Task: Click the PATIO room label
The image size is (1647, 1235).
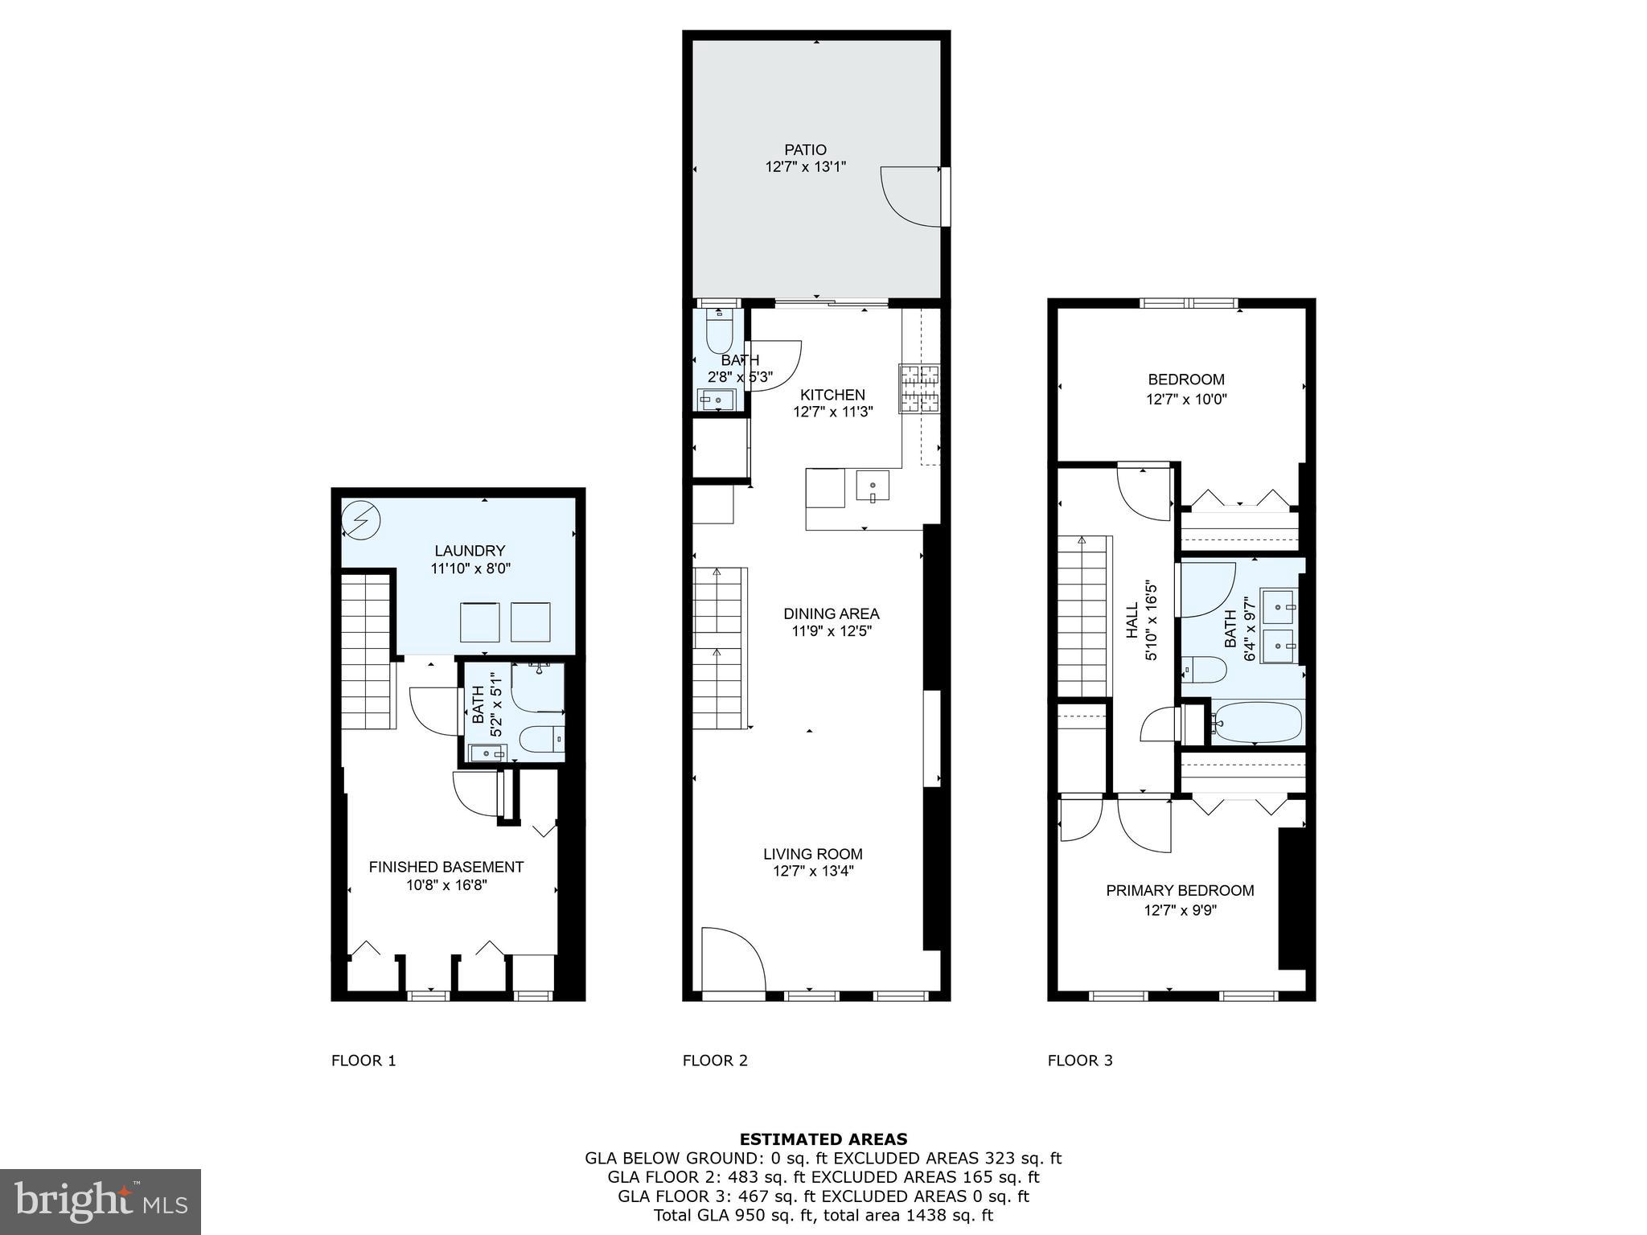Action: (x=805, y=150)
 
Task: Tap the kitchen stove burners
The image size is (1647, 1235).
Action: (x=919, y=389)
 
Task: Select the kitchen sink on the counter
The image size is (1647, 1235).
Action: (x=873, y=486)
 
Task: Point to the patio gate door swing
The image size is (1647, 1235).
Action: (x=911, y=197)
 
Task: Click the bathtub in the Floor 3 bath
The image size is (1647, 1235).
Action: (x=1256, y=722)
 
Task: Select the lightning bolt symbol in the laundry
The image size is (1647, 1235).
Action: (x=361, y=520)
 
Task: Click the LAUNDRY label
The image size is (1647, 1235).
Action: (x=470, y=551)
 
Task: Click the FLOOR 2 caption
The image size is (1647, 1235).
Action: (x=715, y=1061)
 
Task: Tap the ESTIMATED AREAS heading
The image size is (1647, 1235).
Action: (x=823, y=1139)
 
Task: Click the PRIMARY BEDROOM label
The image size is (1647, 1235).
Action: (x=1180, y=890)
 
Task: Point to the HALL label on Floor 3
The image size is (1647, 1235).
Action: (x=1132, y=620)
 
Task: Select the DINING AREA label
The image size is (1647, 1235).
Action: (x=831, y=613)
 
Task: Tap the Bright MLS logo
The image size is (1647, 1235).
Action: (x=101, y=1201)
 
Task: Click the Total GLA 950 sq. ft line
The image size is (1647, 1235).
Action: (x=823, y=1215)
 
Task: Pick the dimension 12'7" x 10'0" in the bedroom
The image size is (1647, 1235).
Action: (x=1186, y=399)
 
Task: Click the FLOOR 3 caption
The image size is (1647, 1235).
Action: (x=1080, y=1061)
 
